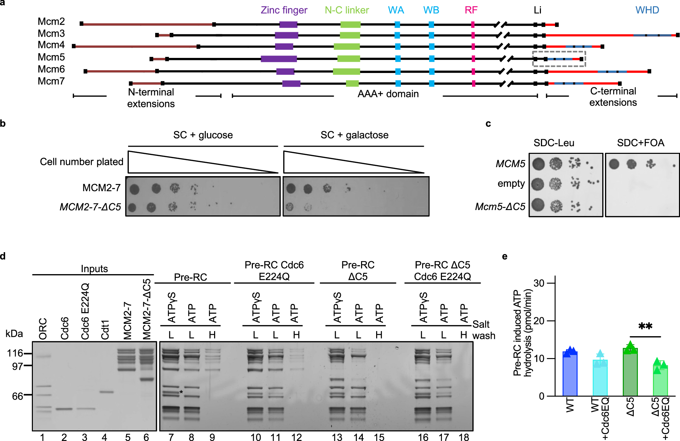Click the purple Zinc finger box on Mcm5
pyautogui.click(x=279, y=59)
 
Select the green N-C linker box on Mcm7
pyautogui.click(x=352, y=83)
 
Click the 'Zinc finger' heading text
pyautogui.click(x=284, y=10)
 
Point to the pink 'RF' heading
pyautogui.click(x=471, y=10)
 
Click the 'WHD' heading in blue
pyautogui.click(x=647, y=10)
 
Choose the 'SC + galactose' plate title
pyautogui.click(x=354, y=135)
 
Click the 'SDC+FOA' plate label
pyautogui.click(x=641, y=143)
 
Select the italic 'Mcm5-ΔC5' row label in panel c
pyautogui.click(x=500, y=207)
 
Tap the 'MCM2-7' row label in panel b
pyautogui.click(x=101, y=188)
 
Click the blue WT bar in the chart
pyautogui.click(x=570, y=373)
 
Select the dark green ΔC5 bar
pyautogui.click(x=630, y=372)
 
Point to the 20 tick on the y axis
pyautogui.click(x=539, y=321)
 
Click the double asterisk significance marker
pyautogui.click(x=645, y=326)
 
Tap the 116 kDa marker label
pyautogui.click(x=15, y=353)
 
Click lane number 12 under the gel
pyautogui.click(x=296, y=437)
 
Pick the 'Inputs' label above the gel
pyautogui.click(x=94, y=269)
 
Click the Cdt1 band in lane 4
pyautogui.click(x=107, y=392)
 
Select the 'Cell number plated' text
pyautogui.click(x=82, y=162)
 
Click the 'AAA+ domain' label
pyautogui.click(x=388, y=94)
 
